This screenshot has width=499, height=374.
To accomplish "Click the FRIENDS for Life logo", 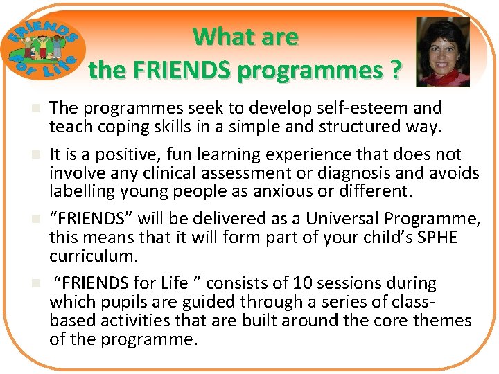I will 43,46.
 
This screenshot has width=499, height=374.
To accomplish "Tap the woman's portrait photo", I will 442,52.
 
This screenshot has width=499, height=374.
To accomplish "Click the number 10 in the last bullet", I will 302,283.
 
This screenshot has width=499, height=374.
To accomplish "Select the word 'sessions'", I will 353,283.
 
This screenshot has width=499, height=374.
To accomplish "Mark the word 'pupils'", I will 114,302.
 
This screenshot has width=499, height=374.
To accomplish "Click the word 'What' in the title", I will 218,36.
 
